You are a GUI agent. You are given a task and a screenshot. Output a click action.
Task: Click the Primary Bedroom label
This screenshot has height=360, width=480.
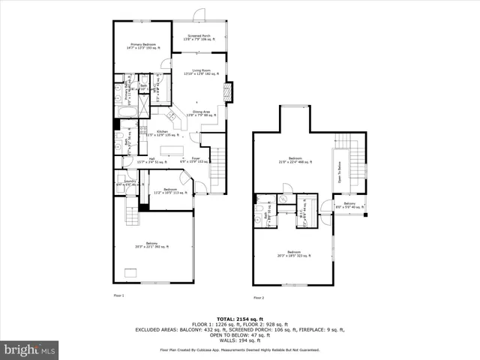point(142,46)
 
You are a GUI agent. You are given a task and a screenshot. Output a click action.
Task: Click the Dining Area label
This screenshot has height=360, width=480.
point(200,113)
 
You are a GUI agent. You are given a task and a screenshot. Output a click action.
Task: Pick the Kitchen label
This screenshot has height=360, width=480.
point(161,133)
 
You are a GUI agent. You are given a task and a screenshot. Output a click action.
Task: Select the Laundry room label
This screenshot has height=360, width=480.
point(129,182)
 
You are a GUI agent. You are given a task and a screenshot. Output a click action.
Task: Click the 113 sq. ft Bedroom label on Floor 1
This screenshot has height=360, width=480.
point(170,190)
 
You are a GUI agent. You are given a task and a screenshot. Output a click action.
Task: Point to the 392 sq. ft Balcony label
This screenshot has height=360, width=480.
point(151,245)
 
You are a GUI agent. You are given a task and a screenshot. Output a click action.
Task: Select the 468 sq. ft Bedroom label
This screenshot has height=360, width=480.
point(295,160)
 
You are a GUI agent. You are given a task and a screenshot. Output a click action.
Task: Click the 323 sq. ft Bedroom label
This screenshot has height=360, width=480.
point(294,253)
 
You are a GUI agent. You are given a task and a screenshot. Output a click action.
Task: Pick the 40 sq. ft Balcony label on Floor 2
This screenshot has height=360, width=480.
point(349,205)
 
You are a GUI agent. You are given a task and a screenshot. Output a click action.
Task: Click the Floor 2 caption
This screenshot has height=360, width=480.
point(259,298)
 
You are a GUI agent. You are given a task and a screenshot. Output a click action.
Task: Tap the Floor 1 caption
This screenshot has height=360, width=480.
point(118,296)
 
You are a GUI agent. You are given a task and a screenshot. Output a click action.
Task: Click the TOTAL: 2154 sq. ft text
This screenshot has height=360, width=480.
point(239,318)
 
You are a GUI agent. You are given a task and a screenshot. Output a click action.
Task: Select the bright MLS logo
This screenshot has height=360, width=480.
point(29,350)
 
